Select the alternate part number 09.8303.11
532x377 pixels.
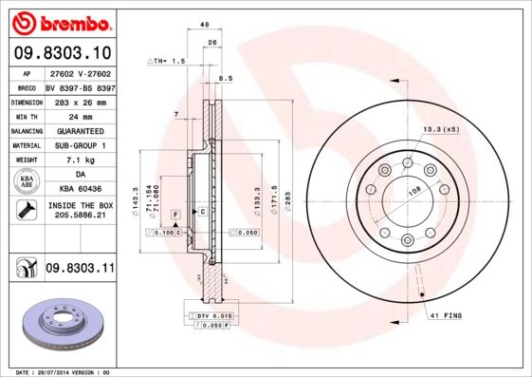(80, 270)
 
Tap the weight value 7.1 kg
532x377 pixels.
(80, 160)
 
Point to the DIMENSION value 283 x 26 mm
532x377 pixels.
(80, 100)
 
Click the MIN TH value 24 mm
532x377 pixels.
(80, 115)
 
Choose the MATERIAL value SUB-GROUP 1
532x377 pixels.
(80, 145)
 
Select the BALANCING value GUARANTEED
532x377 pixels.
(80, 130)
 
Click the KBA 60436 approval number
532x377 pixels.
(80, 190)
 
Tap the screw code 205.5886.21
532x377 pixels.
(80, 217)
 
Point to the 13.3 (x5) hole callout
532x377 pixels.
(440, 129)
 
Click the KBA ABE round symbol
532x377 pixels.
(27, 182)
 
